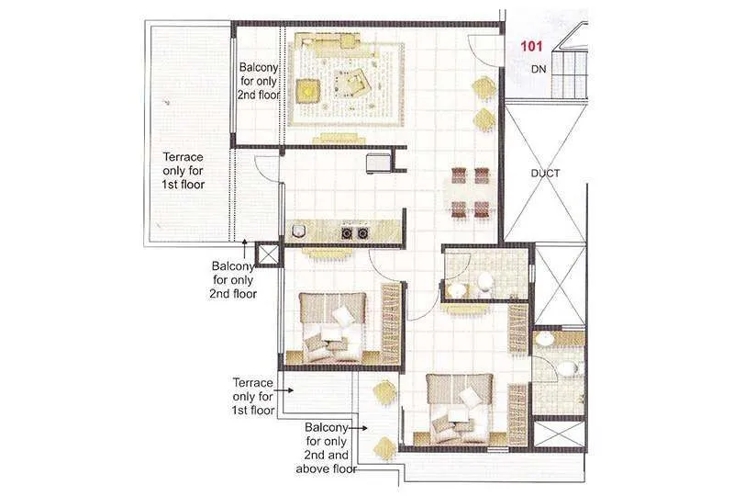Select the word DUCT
(545, 173)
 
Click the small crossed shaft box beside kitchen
(267, 254)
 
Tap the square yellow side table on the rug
(306, 90)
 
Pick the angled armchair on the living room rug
(353, 85)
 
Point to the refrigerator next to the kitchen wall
(378, 163)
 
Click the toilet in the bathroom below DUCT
(484, 281)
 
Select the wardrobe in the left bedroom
(392, 321)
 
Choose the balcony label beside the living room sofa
(260, 81)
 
